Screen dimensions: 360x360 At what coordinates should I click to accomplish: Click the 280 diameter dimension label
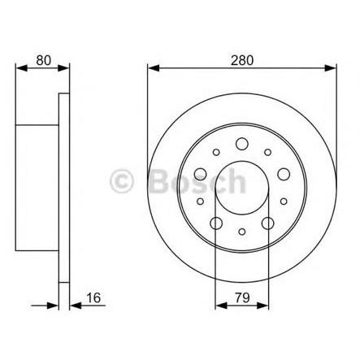(x=241, y=59)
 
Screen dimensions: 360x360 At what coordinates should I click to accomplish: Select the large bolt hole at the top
(x=241, y=145)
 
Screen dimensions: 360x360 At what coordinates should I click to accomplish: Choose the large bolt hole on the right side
(x=281, y=174)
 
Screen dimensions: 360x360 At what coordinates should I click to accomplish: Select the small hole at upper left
(x=216, y=152)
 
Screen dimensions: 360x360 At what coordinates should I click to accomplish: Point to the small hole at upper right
(x=267, y=152)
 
